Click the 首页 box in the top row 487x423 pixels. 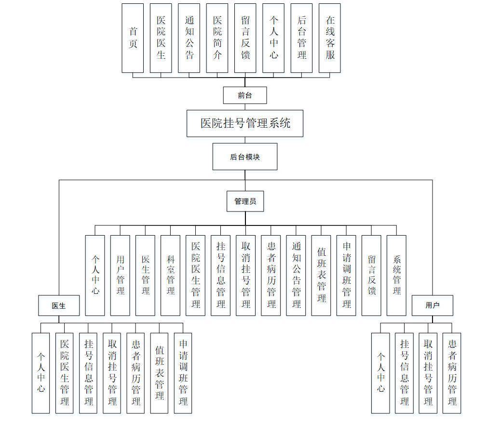tap(133, 38)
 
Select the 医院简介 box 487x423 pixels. tap(217, 38)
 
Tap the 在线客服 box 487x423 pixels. tap(330, 38)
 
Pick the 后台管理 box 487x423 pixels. tap(301, 38)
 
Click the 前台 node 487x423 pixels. tap(245, 95)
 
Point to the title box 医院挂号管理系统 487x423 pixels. tap(245, 123)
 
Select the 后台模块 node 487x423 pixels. tap(245, 157)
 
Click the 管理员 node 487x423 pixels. tap(245, 201)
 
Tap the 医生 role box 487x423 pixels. tap(59, 305)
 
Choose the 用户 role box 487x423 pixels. tap(433, 305)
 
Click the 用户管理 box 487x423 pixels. tap(120, 275)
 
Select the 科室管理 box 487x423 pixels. tap(170, 275)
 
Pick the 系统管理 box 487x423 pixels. tap(396, 275)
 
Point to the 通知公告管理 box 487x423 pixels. tap(296, 275)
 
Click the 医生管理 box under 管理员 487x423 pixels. tap(145, 275)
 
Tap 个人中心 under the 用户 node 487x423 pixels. tap(380, 373)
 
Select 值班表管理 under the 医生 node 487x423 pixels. tap(159, 373)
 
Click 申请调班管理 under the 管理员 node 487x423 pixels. tap(346, 275)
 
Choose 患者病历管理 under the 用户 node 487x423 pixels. tap(452, 373)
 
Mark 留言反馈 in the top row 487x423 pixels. tap(245, 38)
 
